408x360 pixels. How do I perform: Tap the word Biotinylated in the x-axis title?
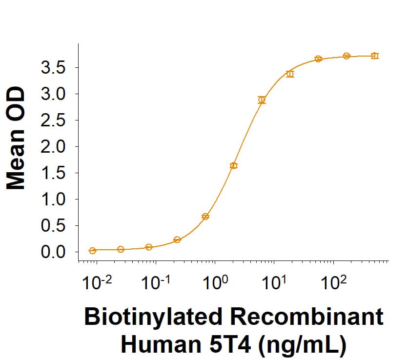[x=152, y=318]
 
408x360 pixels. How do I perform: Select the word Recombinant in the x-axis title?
[x=306, y=318]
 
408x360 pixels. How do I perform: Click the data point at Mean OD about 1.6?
[x=234, y=166]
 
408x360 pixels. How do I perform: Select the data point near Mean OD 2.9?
[x=262, y=100]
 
